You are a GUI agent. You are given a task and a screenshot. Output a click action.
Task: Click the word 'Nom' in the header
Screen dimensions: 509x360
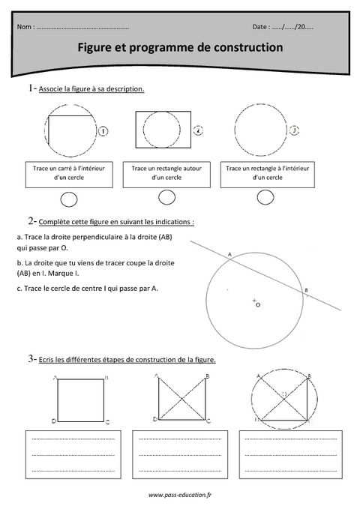25,27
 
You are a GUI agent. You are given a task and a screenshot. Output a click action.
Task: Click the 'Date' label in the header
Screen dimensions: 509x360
262,27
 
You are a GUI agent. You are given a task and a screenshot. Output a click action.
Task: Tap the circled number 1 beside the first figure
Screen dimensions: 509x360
103,131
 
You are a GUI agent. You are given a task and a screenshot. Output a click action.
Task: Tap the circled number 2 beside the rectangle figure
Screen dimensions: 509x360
198,130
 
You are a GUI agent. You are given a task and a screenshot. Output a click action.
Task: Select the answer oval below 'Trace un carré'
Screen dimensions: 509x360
68,199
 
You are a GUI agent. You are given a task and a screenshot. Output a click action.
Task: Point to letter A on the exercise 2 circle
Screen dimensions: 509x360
228,254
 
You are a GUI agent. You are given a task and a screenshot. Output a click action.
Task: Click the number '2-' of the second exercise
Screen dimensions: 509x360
32,221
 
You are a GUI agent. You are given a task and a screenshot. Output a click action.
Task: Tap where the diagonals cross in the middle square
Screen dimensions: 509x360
181,399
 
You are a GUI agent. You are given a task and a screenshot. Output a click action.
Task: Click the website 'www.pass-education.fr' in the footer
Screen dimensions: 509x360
179,495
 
